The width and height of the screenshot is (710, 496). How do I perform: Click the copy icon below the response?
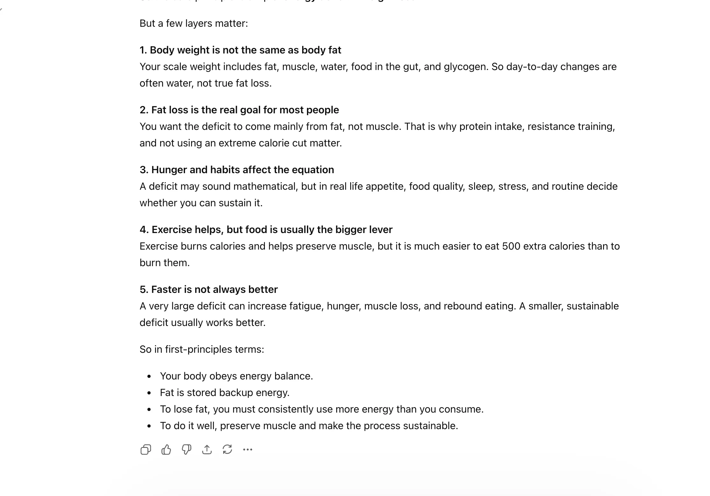(x=146, y=450)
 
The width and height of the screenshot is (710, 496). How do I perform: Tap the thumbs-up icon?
(x=166, y=450)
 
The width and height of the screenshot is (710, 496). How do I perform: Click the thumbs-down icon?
(x=187, y=450)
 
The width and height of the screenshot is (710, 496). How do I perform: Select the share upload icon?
(x=207, y=450)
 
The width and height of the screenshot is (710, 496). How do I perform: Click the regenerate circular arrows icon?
(x=227, y=450)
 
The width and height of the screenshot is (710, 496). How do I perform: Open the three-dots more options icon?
(x=248, y=450)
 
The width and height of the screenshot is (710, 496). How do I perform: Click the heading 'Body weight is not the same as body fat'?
(x=240, y=50)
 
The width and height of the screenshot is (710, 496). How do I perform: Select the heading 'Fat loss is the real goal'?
(x=239, y=110)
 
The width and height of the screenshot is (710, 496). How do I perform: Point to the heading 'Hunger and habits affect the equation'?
(x=237, y=170)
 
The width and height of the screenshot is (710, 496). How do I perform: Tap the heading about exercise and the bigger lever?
(x=266, y=230)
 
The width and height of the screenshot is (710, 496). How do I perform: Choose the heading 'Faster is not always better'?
(x=209, y=289)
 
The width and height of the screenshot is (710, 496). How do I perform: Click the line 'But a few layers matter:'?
(x=194, y=24)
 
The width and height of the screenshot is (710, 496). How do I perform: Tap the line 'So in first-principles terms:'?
(x=202, y=350)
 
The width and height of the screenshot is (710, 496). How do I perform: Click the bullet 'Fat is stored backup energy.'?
(x=224, y=393)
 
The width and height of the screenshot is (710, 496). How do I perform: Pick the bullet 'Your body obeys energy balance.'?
(x=236, y=376)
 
